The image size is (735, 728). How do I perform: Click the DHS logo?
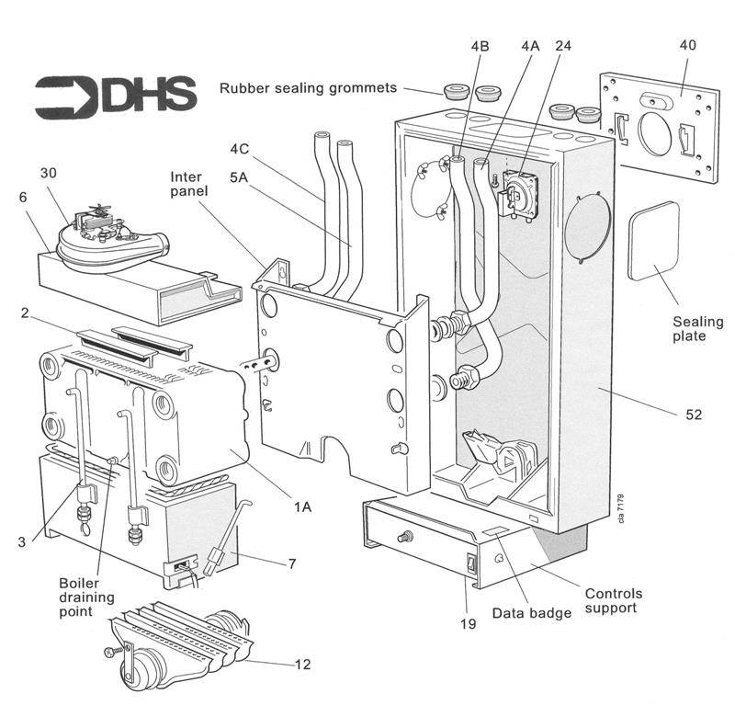point(116,94)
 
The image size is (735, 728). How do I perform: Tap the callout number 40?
point(688,44)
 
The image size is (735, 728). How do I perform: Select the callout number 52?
point(693,415)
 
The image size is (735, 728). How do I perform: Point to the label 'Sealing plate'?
point(698,329)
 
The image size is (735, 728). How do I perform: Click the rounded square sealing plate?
point(653,240)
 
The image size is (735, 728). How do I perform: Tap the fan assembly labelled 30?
point(108,237)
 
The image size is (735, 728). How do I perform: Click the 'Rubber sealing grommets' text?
point(308,88)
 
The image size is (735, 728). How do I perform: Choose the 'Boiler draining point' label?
point(87,597)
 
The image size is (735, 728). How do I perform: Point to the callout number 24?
point(563,44)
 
